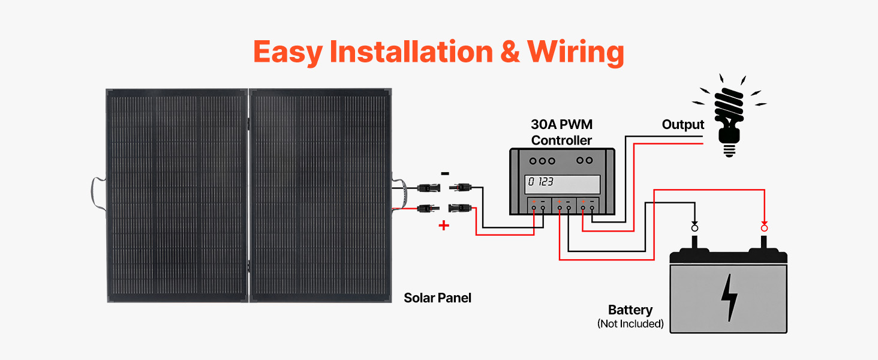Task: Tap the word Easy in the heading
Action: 287,52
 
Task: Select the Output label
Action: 682,125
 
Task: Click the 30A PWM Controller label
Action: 561,133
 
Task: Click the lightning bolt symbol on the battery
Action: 729,297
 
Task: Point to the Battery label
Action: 630,310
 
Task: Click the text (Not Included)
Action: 630,324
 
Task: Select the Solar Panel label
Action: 437,298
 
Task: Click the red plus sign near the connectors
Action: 444,226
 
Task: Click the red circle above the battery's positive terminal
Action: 764,228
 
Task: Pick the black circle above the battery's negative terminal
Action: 695,228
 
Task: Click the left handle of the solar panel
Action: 96,196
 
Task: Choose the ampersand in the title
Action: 509,52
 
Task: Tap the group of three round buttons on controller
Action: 542,161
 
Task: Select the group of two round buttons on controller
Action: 585,161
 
